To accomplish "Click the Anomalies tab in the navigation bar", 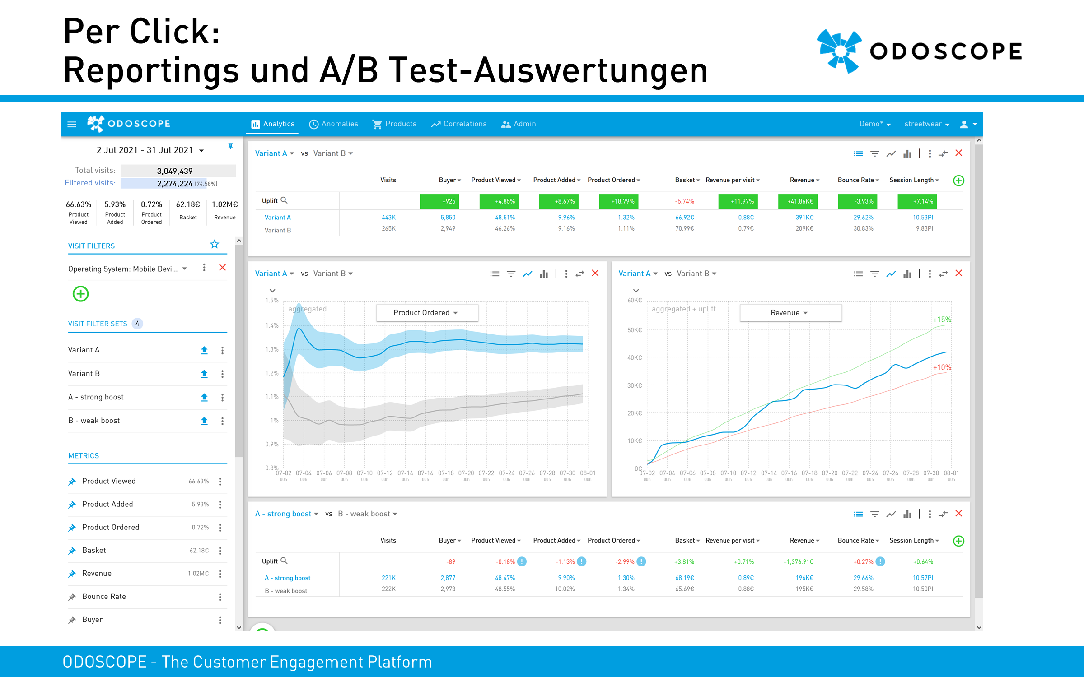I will coord(334,124).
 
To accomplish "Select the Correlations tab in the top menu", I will coord(459,124).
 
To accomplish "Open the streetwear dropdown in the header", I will coord(926,124).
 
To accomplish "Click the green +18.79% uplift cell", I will coord(618,201).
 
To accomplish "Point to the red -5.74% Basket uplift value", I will coord(684,201).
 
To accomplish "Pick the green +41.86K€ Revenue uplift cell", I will coord(798,201).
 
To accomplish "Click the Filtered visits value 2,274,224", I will coord(174,184).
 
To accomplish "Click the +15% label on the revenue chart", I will coord(942,320).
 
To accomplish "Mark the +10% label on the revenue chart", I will coord(942,367).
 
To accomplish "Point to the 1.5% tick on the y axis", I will coord(272,301).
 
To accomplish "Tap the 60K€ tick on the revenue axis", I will coord(634,301).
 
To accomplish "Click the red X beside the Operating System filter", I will coord(222,268).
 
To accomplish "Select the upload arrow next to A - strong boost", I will coord(204,397).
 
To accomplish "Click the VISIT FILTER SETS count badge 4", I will coord(137,324).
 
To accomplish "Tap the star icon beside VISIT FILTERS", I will coord(215,244).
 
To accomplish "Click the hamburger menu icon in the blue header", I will coord(72,124).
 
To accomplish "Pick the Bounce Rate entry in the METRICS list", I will coord(104,597).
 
